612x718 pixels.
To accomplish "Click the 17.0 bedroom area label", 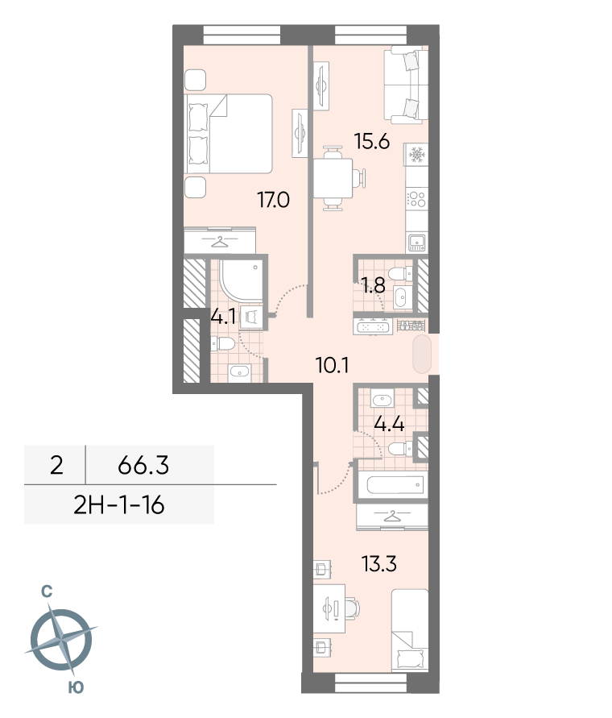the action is tap(273, 200).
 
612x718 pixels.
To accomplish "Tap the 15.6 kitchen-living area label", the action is tap(372, 142).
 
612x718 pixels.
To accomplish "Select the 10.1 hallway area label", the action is tap(332, 365).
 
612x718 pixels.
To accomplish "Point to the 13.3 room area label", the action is tap(379, 564).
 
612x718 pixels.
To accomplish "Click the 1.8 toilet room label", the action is tap(374, 286).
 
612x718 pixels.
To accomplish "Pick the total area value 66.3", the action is tap(143, 465).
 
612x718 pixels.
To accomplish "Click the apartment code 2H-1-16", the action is tap(118, 505).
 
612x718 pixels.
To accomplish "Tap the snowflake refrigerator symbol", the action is tap(416, 155).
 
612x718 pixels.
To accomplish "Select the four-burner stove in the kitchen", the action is tap(416, 199).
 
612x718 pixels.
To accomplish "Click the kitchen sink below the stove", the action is tap(416, 243).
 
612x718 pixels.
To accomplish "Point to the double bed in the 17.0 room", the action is tap(229, 134).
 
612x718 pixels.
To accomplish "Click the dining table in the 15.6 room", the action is tap(333, 178).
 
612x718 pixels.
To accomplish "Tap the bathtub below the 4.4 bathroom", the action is tap(392, 484).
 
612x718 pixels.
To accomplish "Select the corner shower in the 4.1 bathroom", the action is tap(240, 280).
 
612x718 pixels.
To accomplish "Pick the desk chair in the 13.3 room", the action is tap(353, 608).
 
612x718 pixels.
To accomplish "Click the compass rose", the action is tap(61, 640).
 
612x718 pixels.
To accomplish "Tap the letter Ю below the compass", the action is tap(76, 687).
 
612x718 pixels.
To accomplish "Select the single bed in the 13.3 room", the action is tap(410, 631).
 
